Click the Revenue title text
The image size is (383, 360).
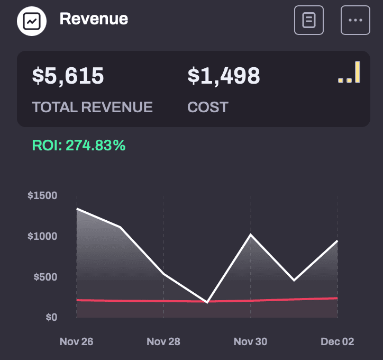click(x=94, y=19)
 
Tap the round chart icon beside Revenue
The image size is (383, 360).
click(x=32, y=21)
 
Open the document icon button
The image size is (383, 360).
click(x=309, y=20)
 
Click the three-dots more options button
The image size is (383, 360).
click(x=355, y=20)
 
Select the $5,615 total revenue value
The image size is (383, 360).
click(x=68, y=76)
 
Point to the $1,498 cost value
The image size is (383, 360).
click(x=224, y=76)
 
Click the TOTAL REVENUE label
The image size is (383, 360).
click(x=93, y=107)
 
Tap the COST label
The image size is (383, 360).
click(x=208, y=107)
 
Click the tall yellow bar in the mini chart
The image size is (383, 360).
click(x=358, y=72)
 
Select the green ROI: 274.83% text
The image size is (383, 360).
click(x=79, y=146)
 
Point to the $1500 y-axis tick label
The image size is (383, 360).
click(x=42, y=195)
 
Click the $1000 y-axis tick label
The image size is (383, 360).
click(x=42, y=236)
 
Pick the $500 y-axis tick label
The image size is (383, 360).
click(x=45, y=277)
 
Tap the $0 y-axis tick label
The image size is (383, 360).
click(x=51, y=317)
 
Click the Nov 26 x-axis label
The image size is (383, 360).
click(x=77, y=341)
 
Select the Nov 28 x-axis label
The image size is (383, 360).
click(x=163, y=341)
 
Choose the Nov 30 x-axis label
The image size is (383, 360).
click(x=250, y=341)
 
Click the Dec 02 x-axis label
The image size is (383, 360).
click(x=338, y=341)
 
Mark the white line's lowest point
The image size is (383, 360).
click(x=207, y=302)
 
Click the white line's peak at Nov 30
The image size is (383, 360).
click(x=251, y=235)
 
